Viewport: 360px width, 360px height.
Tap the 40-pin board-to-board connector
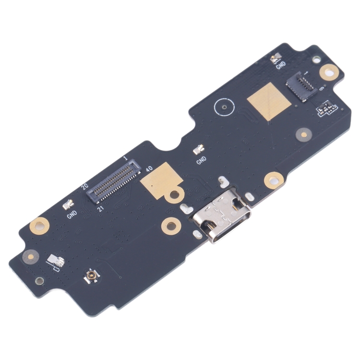coord(114,181)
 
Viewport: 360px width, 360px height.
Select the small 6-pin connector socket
coord(302,87)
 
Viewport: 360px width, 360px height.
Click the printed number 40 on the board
coord(149,169)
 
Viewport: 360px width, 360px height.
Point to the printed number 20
coord(85,186)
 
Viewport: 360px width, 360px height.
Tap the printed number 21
coord(101,209)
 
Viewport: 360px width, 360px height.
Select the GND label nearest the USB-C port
coord(201,160)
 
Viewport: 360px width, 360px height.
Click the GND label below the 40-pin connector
coord(72,215)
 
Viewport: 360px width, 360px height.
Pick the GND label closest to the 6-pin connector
coord(281,65)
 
